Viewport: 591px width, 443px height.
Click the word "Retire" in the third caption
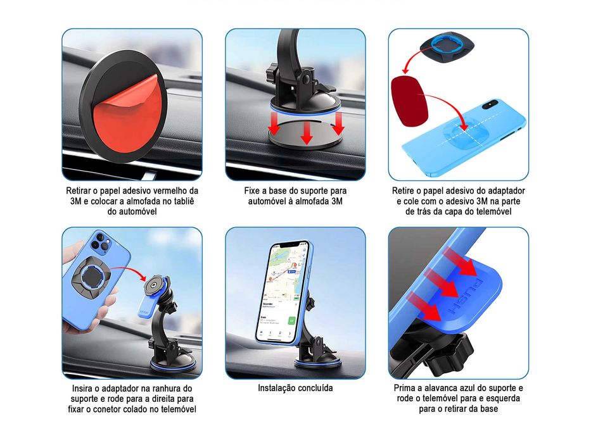[x=405, y=190]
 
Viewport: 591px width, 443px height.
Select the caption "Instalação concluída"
[x=295, y=388]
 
